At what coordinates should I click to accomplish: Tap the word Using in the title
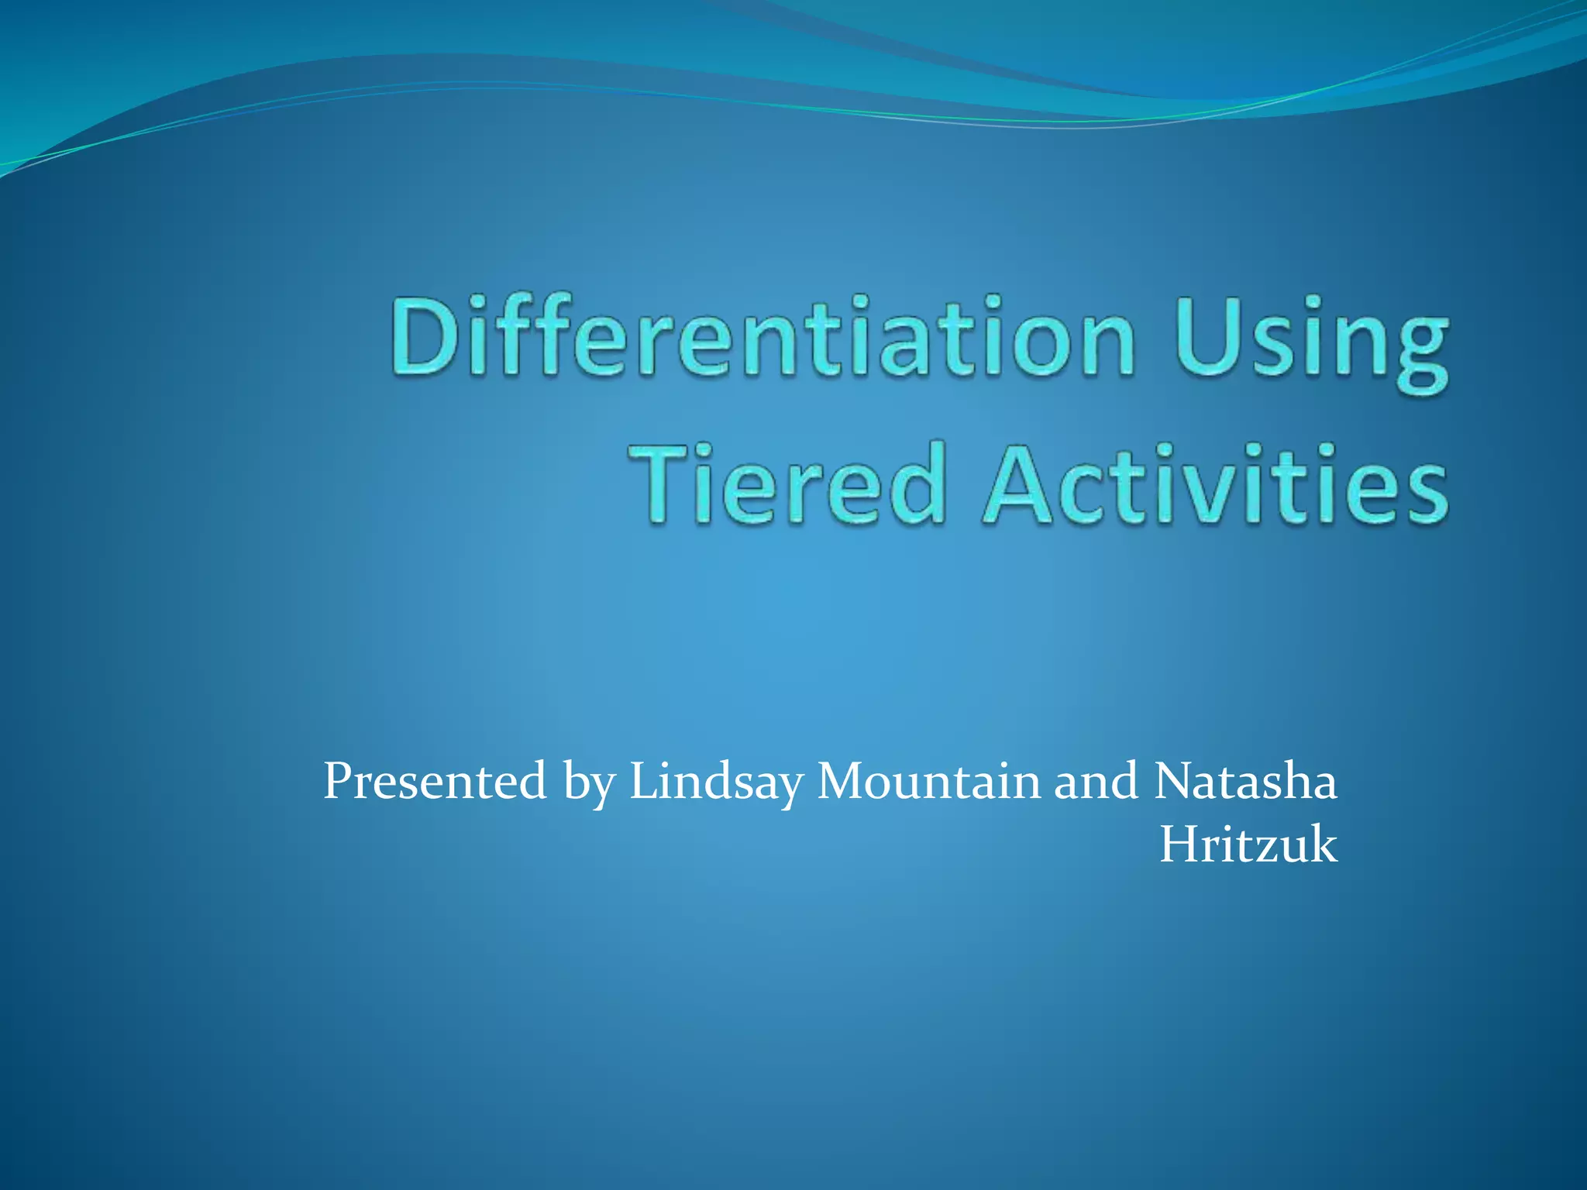click(x=1310, y=341)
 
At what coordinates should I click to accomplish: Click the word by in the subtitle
click(x=590, y=784)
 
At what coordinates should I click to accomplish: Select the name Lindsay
click(x=716, y=782)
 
